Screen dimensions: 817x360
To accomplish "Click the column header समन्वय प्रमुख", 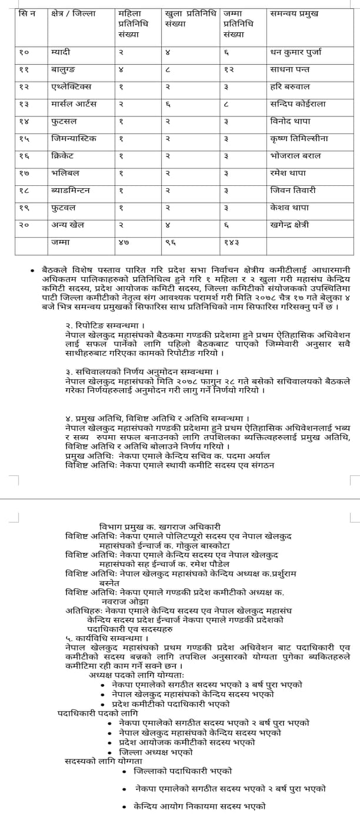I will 294,14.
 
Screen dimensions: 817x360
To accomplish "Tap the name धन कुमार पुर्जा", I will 296,52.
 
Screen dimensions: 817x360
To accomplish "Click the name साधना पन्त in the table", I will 289,69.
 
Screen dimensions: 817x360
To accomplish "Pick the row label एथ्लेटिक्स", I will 71,86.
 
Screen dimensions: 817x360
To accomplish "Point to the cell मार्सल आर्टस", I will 74,104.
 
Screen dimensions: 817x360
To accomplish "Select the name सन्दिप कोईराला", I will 298,104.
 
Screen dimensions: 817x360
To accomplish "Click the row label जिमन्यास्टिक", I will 74,139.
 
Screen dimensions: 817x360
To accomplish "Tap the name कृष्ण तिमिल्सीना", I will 299,139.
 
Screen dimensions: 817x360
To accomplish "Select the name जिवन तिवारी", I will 293,190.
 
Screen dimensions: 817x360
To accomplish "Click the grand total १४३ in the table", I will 232,242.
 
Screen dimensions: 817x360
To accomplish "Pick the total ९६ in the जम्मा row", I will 170,242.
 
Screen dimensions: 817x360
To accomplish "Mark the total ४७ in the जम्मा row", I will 123,242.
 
